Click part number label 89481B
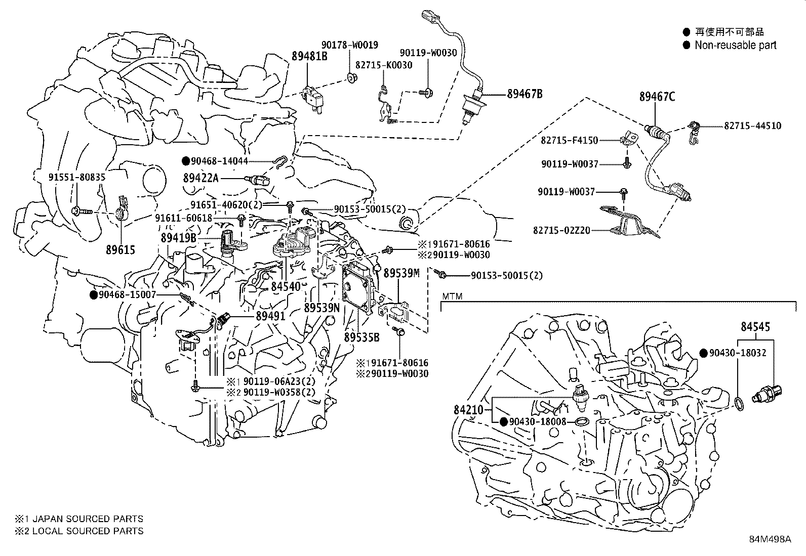309,56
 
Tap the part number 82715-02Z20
561,230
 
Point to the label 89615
120,249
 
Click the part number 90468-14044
222,161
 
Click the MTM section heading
452,296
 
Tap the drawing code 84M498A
770,538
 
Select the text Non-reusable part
735,45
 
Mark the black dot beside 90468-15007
93,294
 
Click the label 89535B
361,336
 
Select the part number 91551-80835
77,177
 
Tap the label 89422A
200,178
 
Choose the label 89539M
401,273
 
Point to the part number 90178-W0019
349,45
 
